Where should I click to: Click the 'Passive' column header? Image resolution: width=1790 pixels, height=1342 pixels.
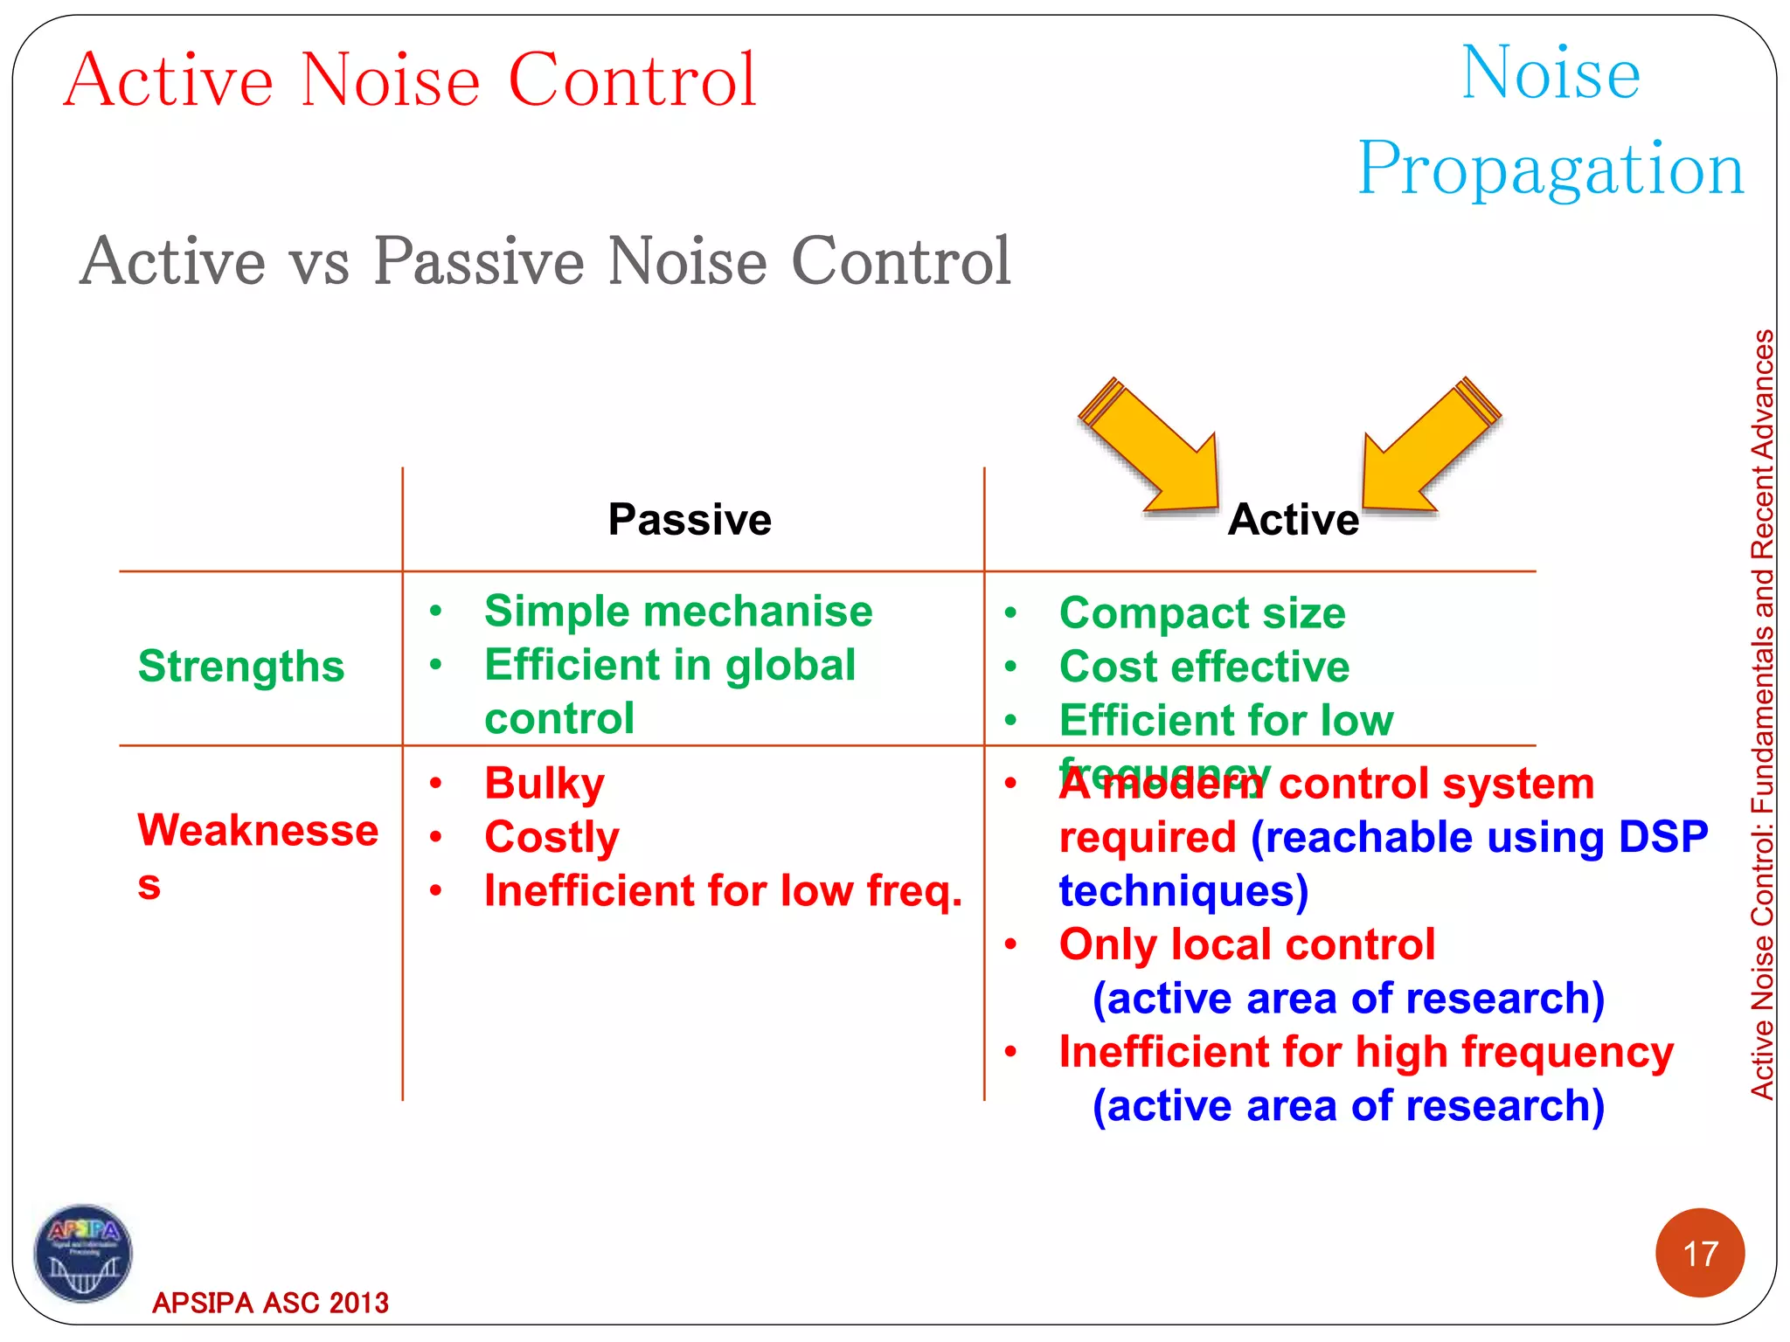point(690,520)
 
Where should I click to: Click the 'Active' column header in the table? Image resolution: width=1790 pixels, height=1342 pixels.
point(1293,520)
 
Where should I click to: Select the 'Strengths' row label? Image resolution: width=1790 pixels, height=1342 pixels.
point(241,667)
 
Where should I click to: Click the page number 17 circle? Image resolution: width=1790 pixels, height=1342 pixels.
point(1699,1253)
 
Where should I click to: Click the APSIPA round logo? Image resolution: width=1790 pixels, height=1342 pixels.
point(83,1254)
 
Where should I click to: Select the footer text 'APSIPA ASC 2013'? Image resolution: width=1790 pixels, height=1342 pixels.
point(270,1303)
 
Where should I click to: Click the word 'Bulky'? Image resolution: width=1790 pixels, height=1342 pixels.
point(544,784)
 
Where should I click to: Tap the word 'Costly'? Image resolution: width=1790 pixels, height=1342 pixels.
point(552,837)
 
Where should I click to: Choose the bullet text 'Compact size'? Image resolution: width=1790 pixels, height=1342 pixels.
point(1202,613)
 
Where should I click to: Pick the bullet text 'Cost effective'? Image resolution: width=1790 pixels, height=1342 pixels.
point(1204,668)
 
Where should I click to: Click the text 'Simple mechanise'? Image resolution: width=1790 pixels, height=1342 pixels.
point(678,612)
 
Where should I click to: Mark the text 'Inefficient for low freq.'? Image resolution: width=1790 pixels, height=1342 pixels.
point(723,891)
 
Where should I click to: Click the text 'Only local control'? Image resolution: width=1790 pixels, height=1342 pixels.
point(1246,944)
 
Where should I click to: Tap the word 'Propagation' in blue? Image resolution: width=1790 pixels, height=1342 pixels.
point(1551,168)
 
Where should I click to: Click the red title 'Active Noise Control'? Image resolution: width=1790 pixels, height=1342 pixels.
point(410,80)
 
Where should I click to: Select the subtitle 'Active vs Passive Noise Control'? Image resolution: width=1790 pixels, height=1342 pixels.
point(545,261)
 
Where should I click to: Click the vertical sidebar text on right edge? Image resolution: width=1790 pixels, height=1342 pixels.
point(1762,714)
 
